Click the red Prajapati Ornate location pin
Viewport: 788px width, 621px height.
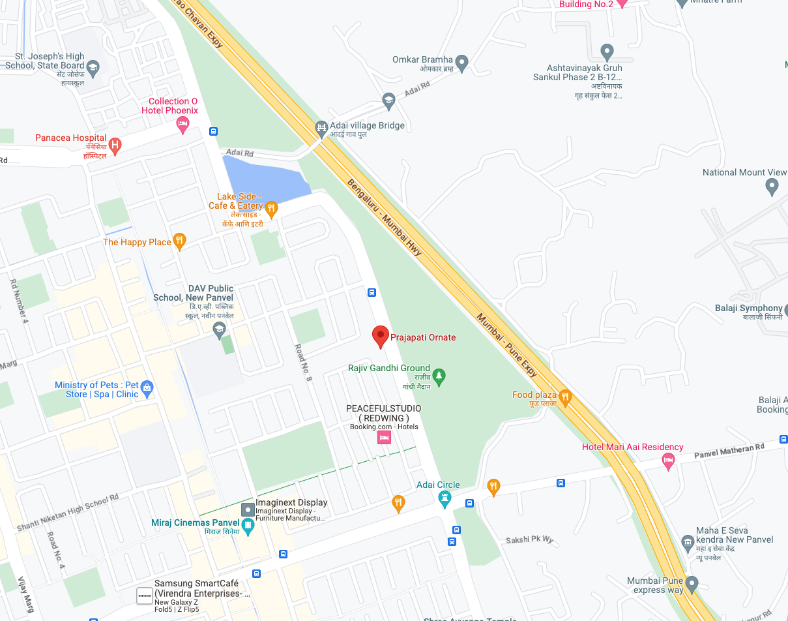pos(381,336)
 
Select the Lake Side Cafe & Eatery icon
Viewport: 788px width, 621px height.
pos(271,209)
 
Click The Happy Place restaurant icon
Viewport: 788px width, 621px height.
pos(180,241)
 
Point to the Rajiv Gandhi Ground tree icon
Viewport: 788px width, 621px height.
pos(439,376)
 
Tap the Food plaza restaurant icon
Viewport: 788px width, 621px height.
pos(565,396)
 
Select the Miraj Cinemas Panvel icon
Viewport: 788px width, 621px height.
pos(248,524)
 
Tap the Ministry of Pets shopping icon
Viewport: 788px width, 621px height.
pos(147,389)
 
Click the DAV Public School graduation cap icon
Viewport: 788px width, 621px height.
pos(219,329)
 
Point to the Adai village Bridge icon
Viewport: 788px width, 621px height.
pos(321,127)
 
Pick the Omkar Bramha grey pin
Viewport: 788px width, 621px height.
pos(461,63)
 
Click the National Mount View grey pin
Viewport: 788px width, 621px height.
pos(772,187)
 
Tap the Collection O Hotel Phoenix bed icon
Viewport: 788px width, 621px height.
pos(182,124)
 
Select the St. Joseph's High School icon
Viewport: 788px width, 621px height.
pos(93,68)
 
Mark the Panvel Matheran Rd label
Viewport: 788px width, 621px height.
pos(729,451)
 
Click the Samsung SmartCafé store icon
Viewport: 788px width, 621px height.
pos(144,595)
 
